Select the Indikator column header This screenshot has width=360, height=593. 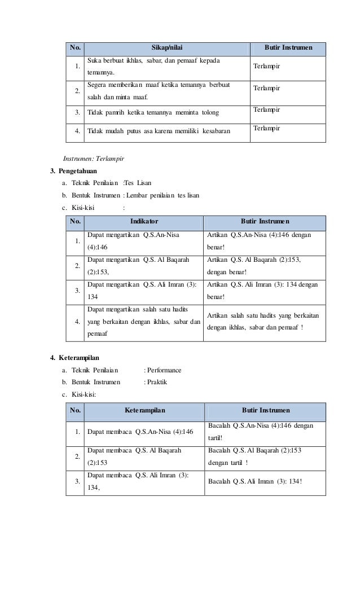click(x=144, y=222)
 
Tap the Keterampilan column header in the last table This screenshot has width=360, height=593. click(x=145, y=410)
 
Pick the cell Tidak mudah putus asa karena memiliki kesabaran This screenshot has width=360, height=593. click(x=159, y=132)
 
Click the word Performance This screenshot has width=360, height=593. click(x=164, y=370)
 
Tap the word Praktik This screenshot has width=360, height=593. click(x=157, y=382)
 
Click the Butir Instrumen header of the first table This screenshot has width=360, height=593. click(x=288, y=49)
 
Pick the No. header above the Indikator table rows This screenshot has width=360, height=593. click(x=74, y=222)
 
